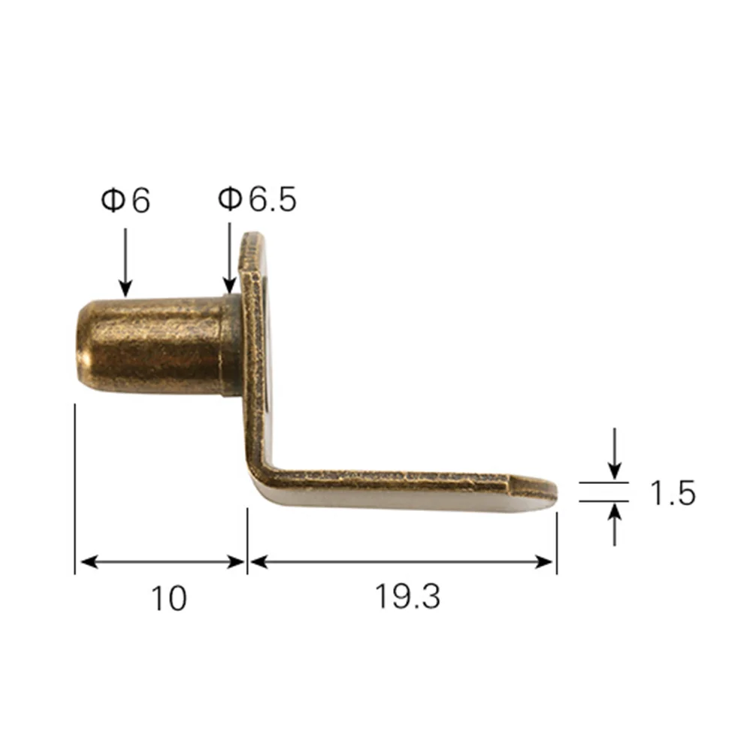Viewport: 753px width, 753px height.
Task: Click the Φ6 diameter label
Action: pyautogui.click(x=126, y=201)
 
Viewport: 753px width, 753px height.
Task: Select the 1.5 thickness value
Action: pyautogui.click(x=673, y=494)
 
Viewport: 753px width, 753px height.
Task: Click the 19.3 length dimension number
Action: pyautogui.click(x=407, y=597)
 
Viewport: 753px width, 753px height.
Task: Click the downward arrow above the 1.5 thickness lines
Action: pyautogui.click(x=615, y=455)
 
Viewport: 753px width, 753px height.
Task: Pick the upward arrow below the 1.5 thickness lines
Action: pyautogui.click(x=615, y=524)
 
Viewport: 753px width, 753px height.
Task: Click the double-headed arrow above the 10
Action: pyautogui.click(x=162, y=561)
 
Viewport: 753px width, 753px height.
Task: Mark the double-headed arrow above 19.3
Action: pyautogui.click(x=402, y=561)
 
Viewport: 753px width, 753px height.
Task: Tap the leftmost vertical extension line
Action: pyautogui.click(x=75, y=488)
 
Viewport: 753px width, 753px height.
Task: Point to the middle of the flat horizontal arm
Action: pyautogui.click(x=398, y=486)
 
